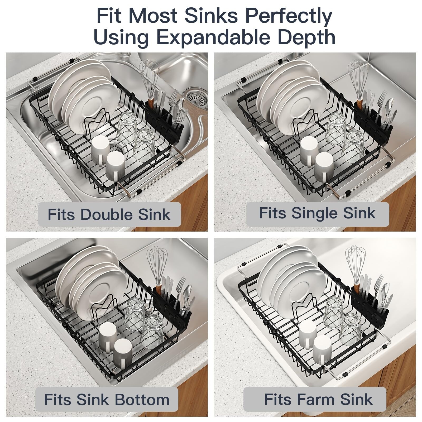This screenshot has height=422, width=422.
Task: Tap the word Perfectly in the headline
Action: (x=288, y=16)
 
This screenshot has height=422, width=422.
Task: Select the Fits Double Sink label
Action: (x=109, y=214)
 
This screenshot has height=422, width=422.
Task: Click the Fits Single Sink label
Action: (x=318, y=213)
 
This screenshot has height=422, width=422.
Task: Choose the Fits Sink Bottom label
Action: (x=107, y=400)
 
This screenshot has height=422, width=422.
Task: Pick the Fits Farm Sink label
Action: (x=319, y=400)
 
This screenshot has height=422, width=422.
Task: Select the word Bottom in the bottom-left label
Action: (x=142, y=400)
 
